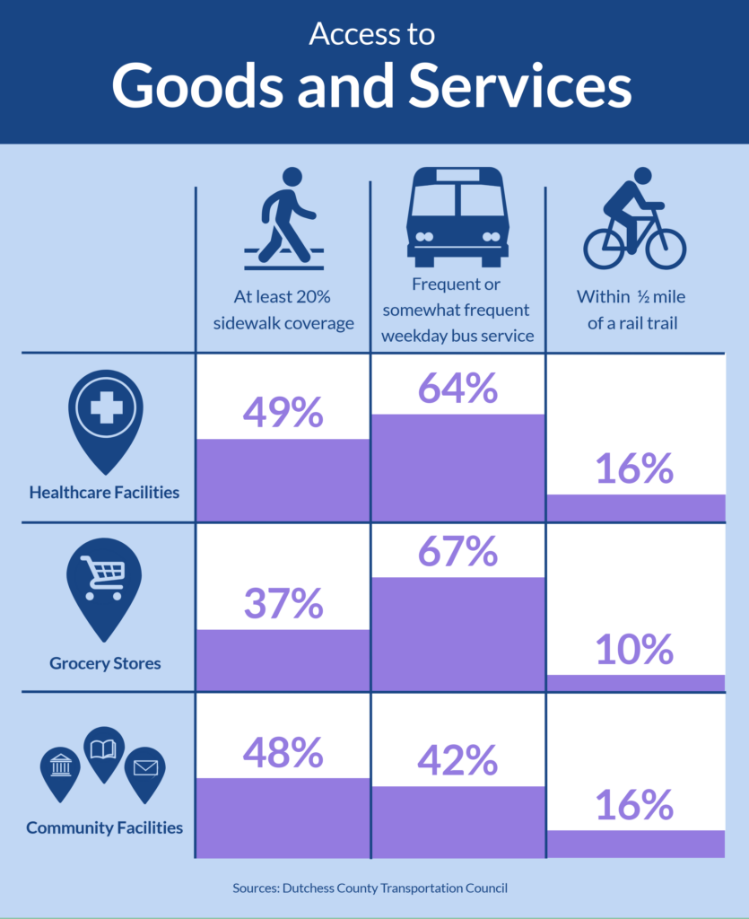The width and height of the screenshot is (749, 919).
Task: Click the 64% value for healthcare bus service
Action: tap(457, 388)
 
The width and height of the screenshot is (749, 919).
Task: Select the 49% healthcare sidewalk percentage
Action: tap(283, 412)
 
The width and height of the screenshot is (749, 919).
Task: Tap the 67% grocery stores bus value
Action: tap(457, 551)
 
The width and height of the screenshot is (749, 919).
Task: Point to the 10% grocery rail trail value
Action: tap(634, 649)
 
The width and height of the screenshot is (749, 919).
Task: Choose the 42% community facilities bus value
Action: tap(457, 760)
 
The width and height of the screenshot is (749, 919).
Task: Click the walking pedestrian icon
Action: tap(285, 218)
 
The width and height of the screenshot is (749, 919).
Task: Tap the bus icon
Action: tap(457, 217)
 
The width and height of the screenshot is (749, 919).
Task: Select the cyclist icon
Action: tap(634, 219)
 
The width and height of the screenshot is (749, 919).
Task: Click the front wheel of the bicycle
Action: tap(665, 248)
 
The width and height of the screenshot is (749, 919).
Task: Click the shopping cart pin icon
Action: tap(105, 584)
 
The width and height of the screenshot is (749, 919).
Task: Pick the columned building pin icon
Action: tap(61, 769)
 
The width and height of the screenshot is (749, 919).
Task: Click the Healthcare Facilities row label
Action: tap(104, 492)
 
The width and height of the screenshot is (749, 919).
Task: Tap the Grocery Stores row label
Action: tap(105, 663)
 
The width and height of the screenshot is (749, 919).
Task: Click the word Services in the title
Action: tap(519, 86)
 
